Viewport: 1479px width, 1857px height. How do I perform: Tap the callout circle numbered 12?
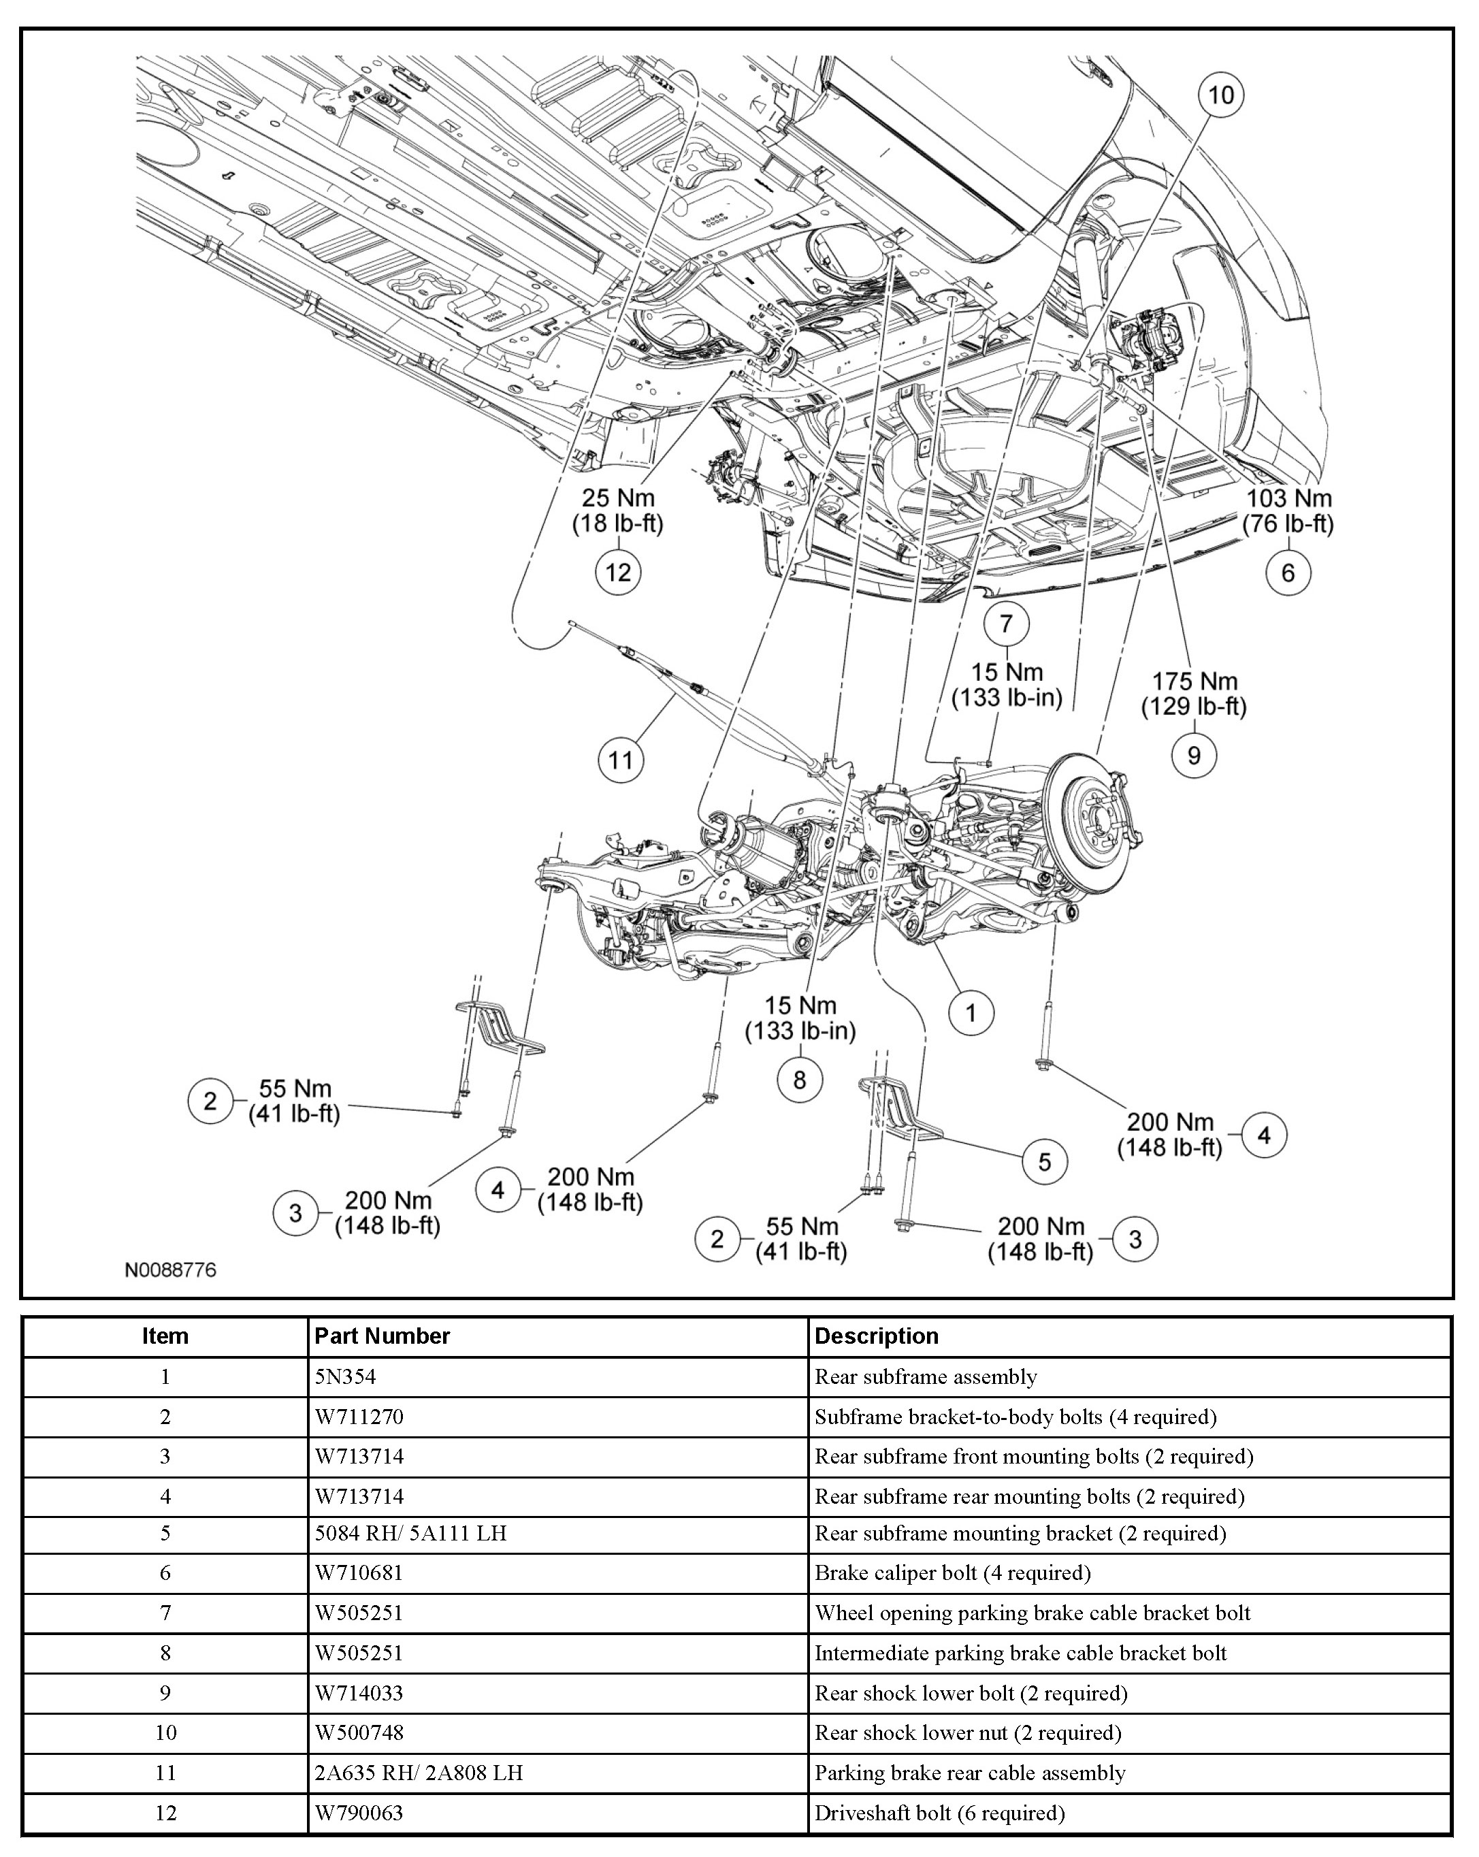(x=619, y=572)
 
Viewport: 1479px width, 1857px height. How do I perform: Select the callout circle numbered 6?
(x=1288, y=572)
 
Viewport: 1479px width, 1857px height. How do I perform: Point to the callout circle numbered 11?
(x=621, y=760)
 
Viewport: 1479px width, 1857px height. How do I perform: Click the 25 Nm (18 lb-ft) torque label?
(x=619, y=510)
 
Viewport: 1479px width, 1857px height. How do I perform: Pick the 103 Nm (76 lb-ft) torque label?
(x=1288, y=510)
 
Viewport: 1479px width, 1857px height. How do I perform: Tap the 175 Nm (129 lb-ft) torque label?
(x=1194, y=694)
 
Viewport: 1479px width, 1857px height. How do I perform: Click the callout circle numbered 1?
(x=971, y=1013)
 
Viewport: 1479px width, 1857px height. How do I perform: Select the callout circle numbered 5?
(x=1044, y=1162)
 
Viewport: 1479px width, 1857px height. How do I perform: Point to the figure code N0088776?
(x=171, y=1270)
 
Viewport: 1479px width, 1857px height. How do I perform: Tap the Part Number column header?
(x=382, y=1336)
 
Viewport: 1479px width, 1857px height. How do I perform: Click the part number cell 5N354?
(x=345, y=1376)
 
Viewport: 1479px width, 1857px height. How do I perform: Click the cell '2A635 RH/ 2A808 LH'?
(x=419, y=1773)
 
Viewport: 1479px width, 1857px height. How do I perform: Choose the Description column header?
(x=876, y=1336)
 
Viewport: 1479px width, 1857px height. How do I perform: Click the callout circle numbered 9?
(x=1194, y=756)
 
